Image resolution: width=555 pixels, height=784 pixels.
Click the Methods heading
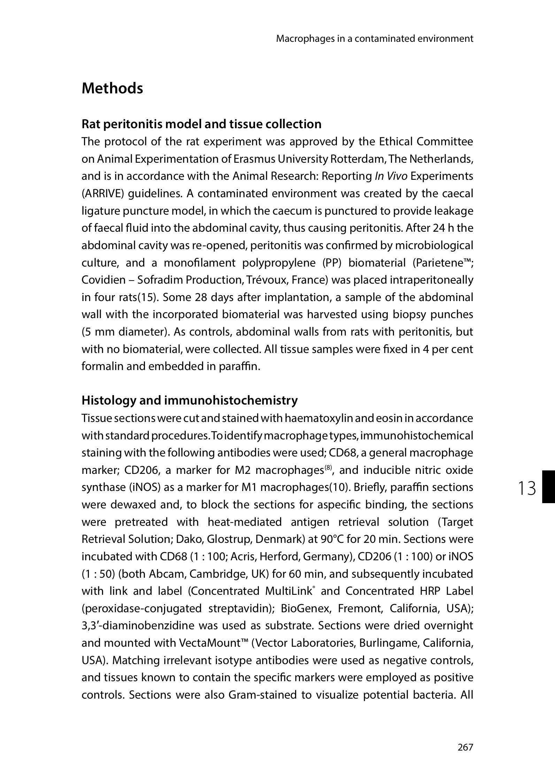112,89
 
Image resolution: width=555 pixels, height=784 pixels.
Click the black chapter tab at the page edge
548,486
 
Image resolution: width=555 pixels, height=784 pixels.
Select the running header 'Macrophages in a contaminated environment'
375,39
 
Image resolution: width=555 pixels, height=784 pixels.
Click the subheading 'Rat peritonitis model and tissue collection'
201,124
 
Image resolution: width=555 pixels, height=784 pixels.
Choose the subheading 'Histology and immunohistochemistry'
190,400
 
